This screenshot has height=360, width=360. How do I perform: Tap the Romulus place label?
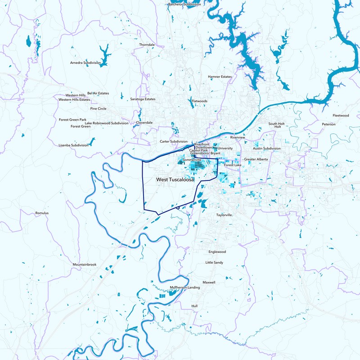pos(41,213)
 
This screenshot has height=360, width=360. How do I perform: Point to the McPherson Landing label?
pos(184,287)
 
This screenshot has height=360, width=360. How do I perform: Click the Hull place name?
pos(194,306)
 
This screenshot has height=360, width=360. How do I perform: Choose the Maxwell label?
pos(209,282)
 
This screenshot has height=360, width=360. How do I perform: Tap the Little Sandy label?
pos(214,262)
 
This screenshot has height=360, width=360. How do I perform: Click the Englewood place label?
pos(217,252)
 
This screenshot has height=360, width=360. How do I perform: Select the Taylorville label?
pos(224,215)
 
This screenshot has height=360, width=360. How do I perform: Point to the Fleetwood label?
pos(341,116)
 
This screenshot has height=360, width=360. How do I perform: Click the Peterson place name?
pos(328,124)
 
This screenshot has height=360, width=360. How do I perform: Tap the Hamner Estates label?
pos(220,77)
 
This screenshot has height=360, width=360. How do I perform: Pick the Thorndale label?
pos(147,45)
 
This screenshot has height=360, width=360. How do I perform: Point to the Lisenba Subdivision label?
pos(73,145)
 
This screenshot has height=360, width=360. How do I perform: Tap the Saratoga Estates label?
pos(143,99)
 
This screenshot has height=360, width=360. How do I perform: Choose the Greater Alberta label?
pos(256,159)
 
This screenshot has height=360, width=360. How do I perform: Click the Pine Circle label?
pos(98,108)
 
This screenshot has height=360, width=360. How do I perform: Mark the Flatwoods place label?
pos(199,101)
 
